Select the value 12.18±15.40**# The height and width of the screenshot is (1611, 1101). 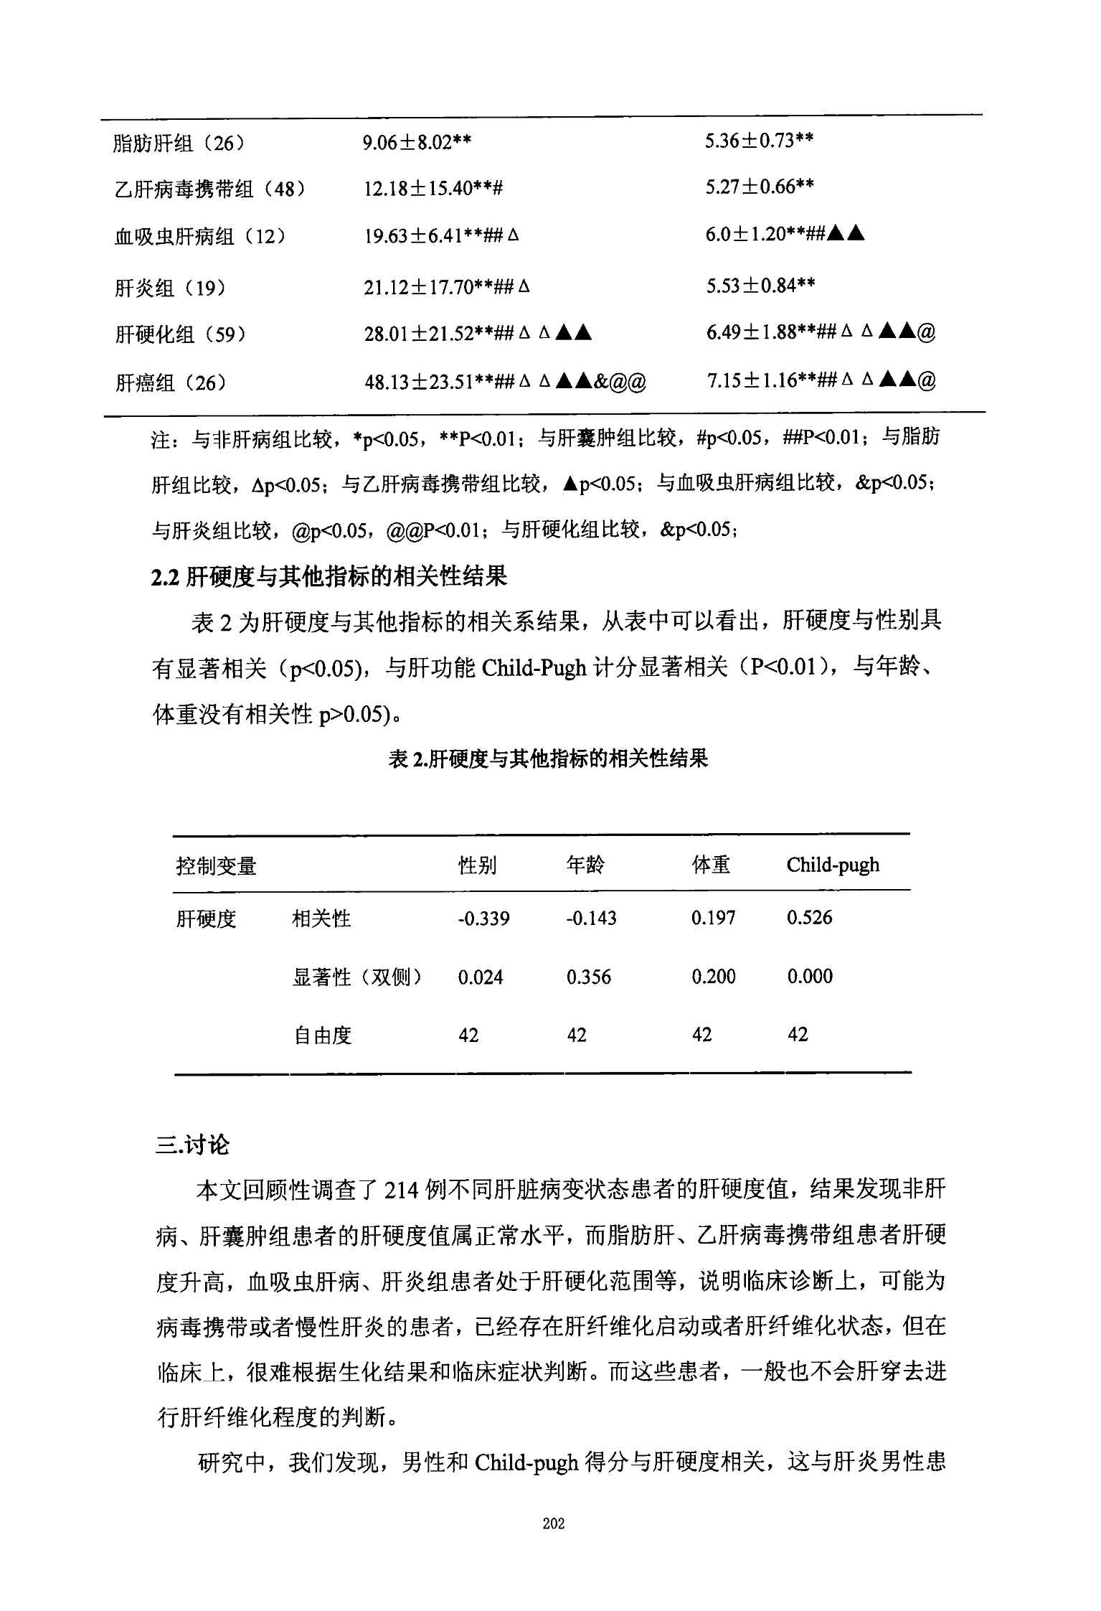[433, 189]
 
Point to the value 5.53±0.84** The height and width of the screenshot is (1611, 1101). [760, 286]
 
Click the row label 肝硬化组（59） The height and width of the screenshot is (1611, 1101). [181, 334]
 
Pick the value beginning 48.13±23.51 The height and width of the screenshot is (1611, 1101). [505, 381]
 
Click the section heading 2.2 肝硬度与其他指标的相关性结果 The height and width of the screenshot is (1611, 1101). [329, 576]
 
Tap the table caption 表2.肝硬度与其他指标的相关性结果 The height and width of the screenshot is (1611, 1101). [548, 758]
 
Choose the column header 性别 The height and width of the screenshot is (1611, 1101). [477, 865]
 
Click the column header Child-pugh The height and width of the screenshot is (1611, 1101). [832, 865]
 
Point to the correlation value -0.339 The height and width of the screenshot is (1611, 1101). [483, 919]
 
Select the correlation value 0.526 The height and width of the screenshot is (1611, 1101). [809, 918]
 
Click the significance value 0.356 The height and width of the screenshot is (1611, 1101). [588, 977]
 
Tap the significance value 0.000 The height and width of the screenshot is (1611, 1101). [810, 976]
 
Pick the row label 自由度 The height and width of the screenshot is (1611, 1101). [322, 1035]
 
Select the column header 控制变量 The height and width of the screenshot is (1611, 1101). [216, 866]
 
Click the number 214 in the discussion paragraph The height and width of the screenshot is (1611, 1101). [401, 1191]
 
